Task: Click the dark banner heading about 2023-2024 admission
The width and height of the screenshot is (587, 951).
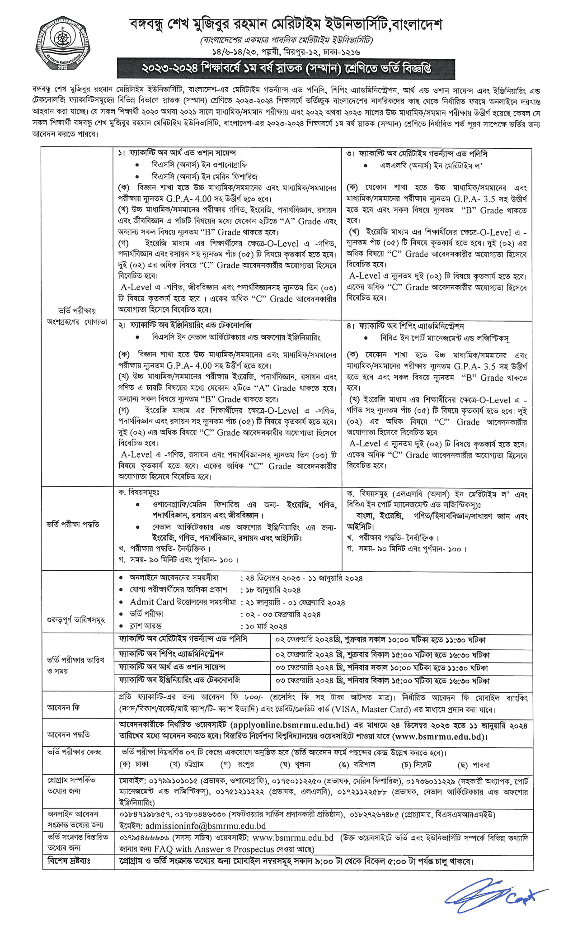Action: tap(286, 69)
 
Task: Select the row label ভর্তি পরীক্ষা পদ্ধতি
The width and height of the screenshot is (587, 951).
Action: tap(73, 525)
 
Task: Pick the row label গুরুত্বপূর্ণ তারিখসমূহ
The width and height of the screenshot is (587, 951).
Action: tap(76, 620)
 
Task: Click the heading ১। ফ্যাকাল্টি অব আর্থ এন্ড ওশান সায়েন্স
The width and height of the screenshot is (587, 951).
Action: tap(177, 153)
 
